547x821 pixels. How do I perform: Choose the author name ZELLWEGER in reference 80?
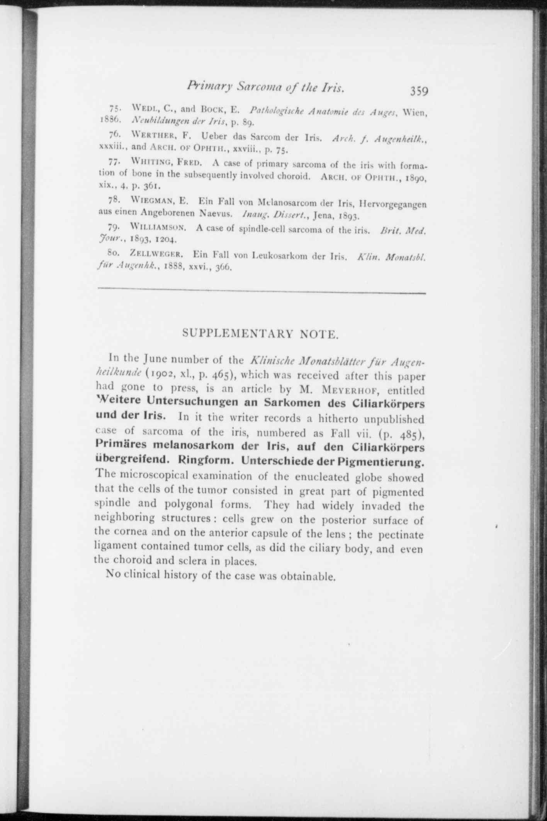tap(156, 254)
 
